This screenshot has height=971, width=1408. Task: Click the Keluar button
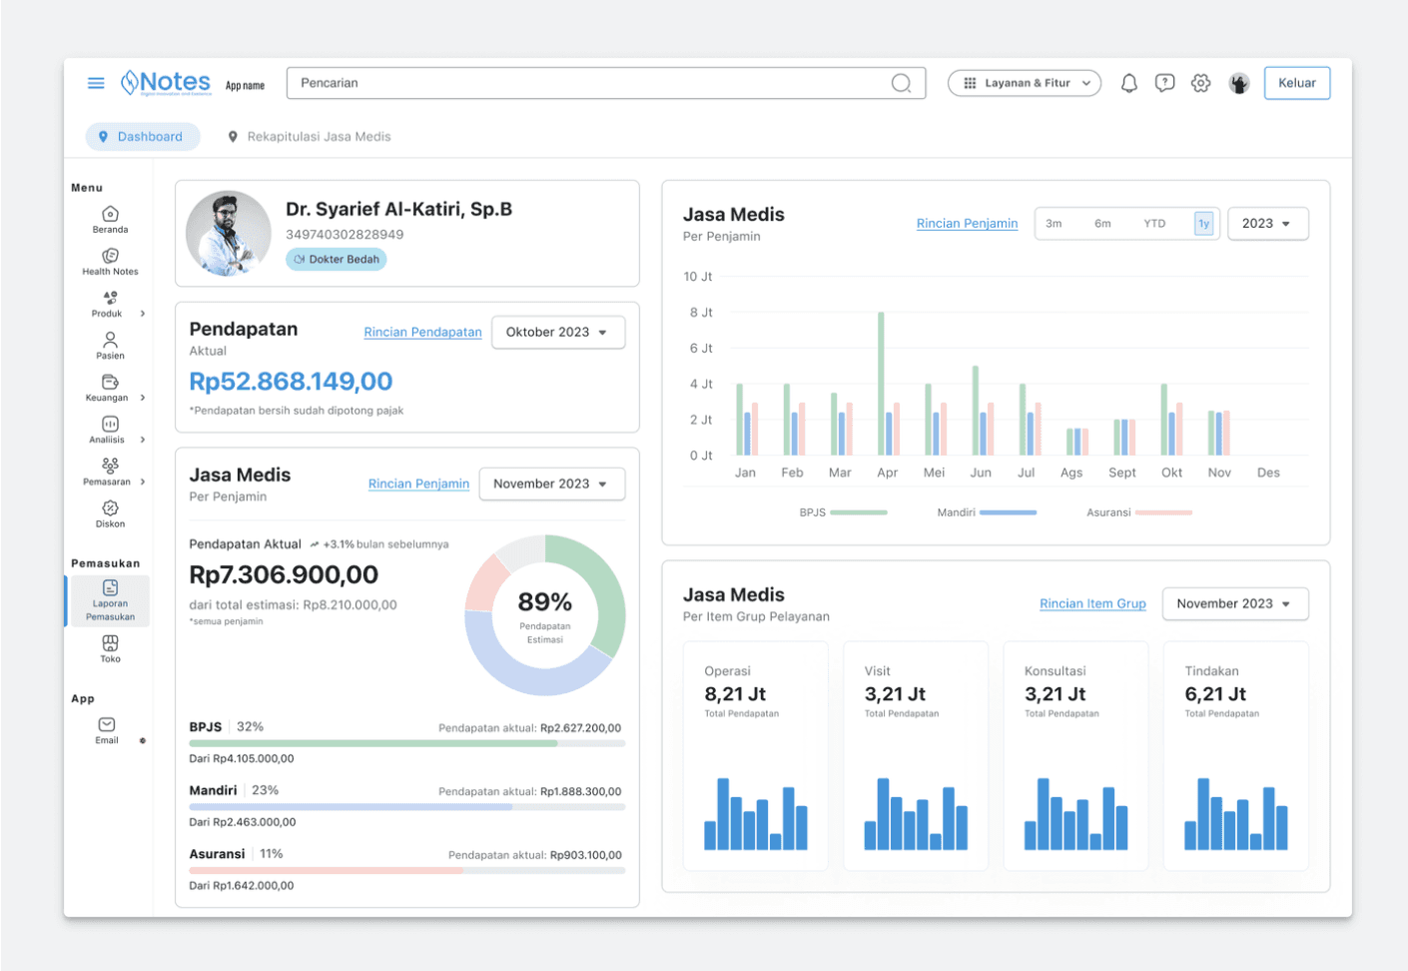pyautogui.click(x=1296, y=83)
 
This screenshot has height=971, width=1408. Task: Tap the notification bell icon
pyautogui.click(x=1128, y=83)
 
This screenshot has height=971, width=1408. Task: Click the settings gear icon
pyautogui.click(x=1200, y=83)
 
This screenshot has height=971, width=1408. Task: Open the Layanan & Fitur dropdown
pyautogui.click(x=1024, y=83)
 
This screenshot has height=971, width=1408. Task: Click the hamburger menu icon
pyautogui.click(x=96, y=83)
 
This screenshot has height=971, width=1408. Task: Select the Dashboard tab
pyautogui.click(x=142, y=137)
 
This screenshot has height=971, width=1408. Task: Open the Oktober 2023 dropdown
pyautogui.click(x=557, y=333)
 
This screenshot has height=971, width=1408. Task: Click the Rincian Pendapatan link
pyautogui.click(x=422, y=333)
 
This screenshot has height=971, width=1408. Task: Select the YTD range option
pyautogui.click(x=1154, y=224)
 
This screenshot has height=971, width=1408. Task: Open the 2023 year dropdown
pyautogui.click(x=1266, y=224)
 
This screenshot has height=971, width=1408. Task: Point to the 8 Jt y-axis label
pyautogui.click(x=700, y=313)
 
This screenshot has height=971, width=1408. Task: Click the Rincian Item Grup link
pyautogui.click(x=1092, y=603)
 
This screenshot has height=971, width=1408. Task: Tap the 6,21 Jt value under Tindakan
pyautogui.click(x=1215, y=694)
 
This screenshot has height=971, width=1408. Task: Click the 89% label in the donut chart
pyautogui.click(x=544, y=602)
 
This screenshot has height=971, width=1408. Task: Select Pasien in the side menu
pyautogui.click(x=110, y=345)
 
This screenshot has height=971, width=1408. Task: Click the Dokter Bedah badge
pyautogui.click(x=337, y=260)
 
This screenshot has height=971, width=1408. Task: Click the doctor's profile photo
pyautogui.click(x=229, y=234)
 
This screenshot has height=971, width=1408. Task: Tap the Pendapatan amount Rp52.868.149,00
pyautogui.click(x=291, y=382)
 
